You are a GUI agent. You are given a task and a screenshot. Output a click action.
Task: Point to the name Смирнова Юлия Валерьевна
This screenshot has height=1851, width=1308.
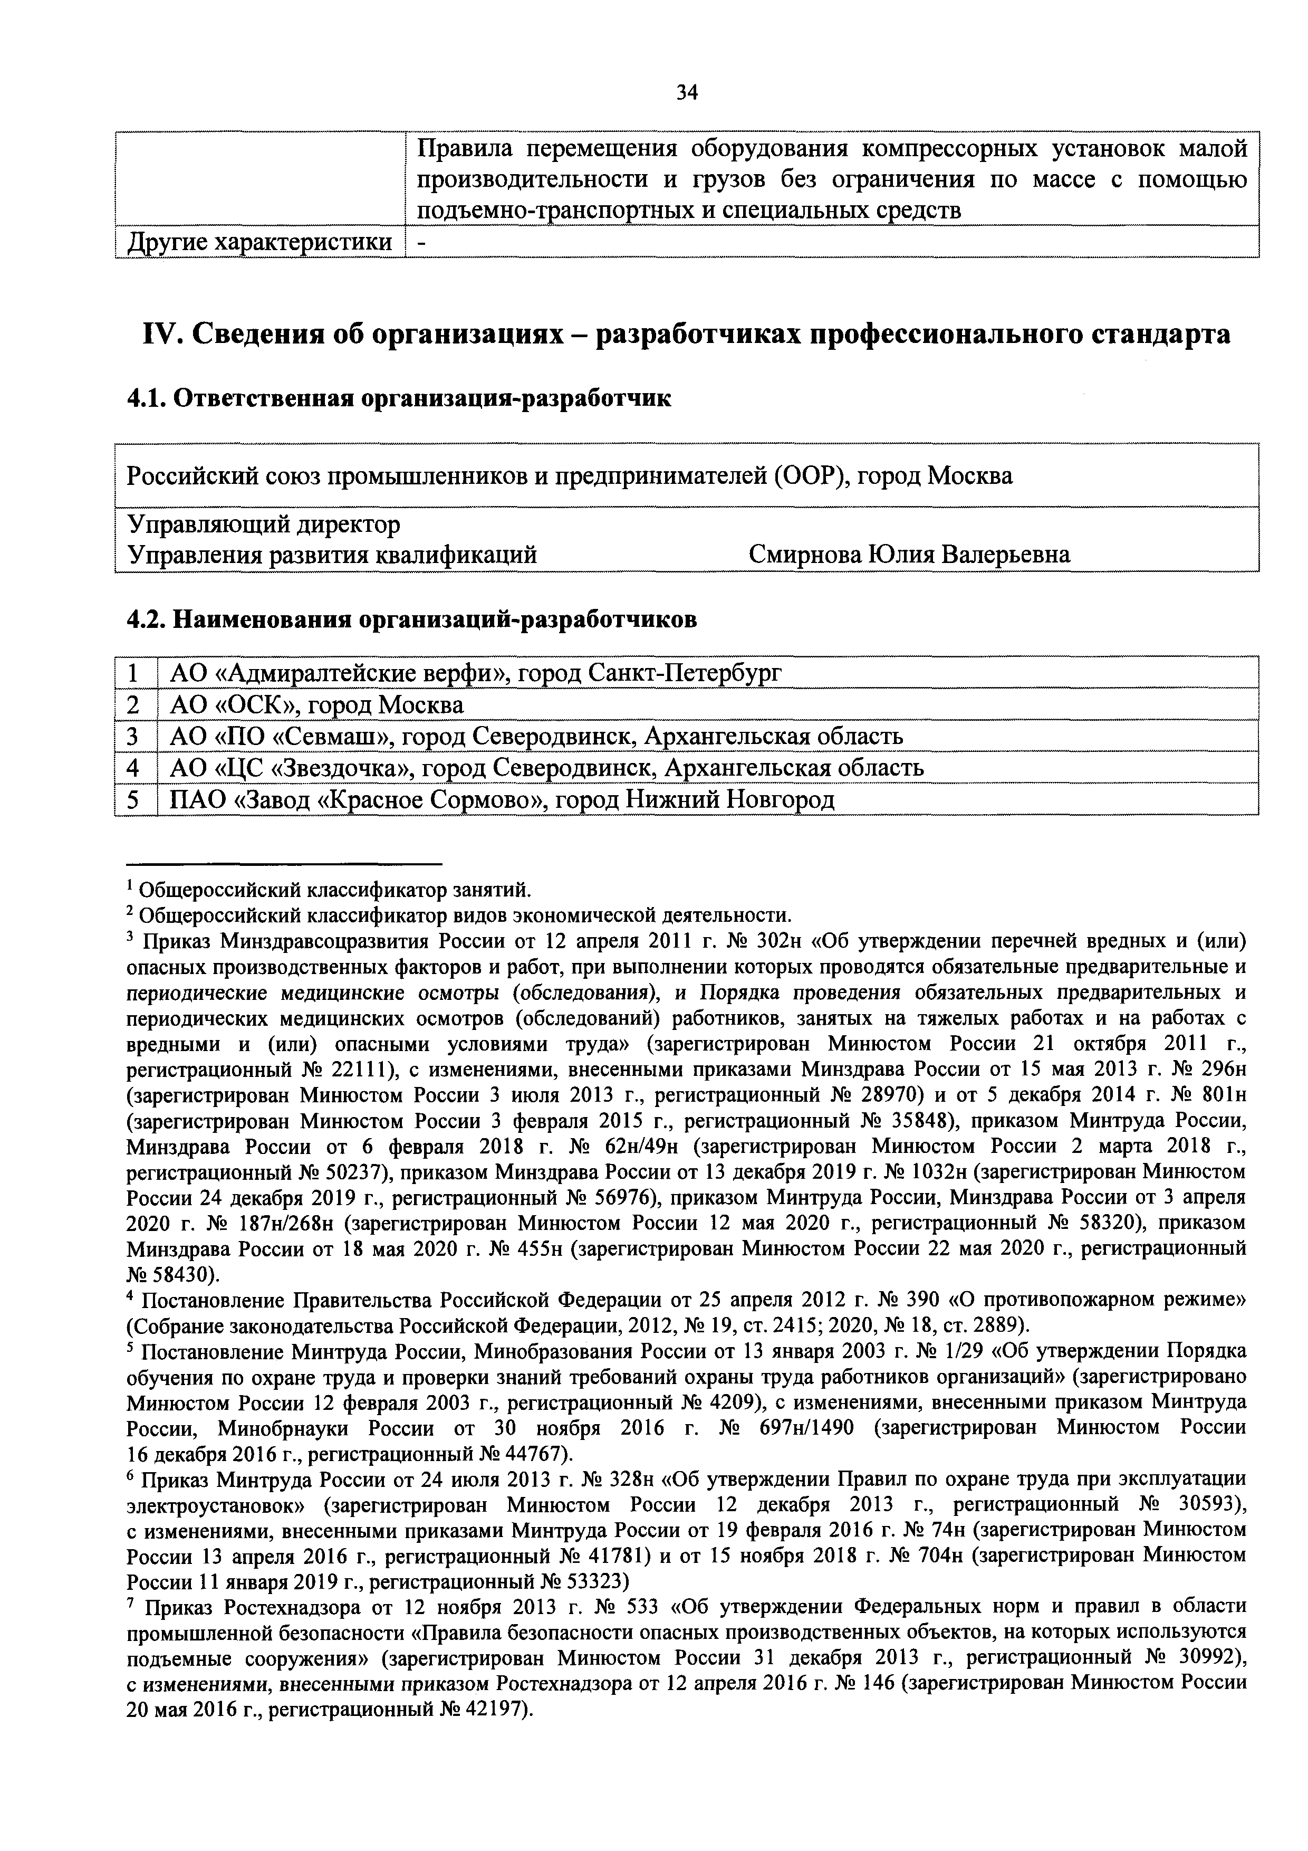[x=909, y=555]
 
